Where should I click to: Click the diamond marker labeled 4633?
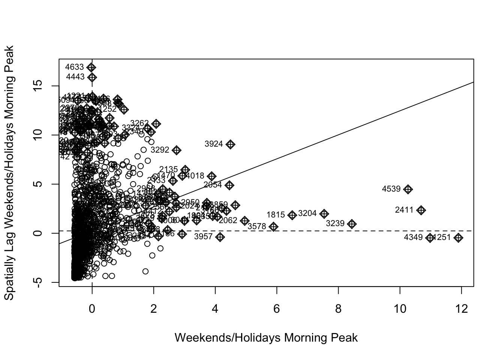point(91,67)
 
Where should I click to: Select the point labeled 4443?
point(92,77)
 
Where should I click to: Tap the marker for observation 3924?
point(231,144)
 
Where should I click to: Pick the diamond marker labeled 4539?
point(408,189)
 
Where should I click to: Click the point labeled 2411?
point(421,210)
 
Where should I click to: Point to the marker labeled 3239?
point(352,224)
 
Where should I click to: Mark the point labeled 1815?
point(292,215)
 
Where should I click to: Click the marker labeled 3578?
point(274,226)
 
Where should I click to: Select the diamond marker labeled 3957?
point(220,237)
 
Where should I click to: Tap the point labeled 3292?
point(176,150)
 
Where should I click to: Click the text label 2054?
point(213,185)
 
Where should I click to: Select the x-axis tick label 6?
point(277,309)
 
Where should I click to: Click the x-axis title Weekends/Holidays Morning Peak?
point(266,338)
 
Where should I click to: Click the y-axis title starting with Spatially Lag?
point(9,172)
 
